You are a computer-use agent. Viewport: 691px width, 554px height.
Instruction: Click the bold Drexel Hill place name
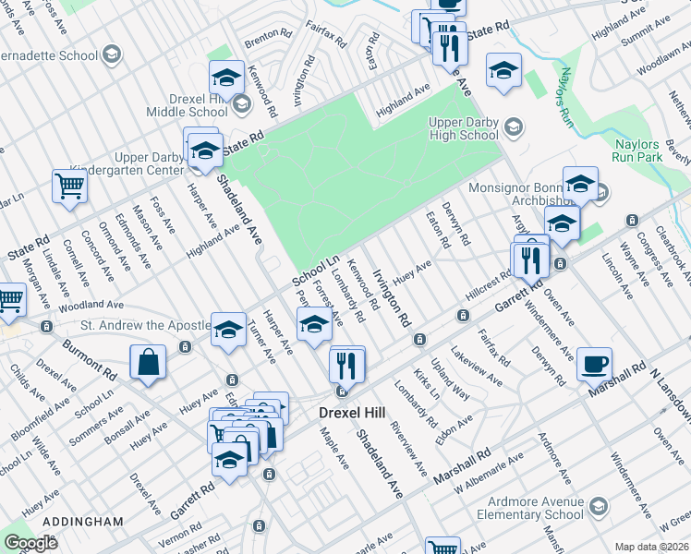[x=351, y=413]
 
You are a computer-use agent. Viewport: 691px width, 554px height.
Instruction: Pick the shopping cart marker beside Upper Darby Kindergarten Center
[x=69, y=186]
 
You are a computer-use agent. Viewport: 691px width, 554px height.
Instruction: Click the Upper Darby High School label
[x=464, y=128]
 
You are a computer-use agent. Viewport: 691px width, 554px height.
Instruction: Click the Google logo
[x=31, y=543]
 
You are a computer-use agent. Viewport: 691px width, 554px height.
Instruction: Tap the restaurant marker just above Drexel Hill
[x=347, y=364]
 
